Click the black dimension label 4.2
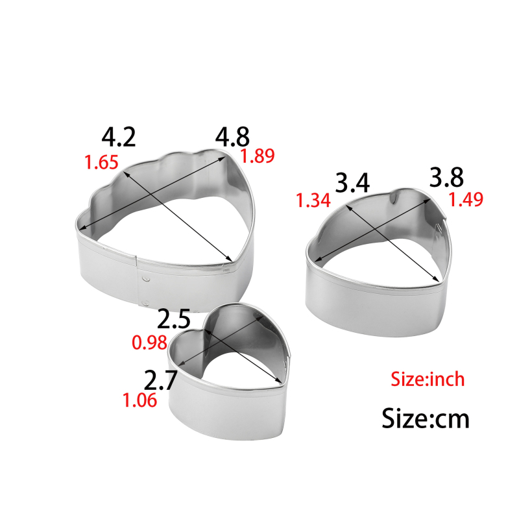(x=119, y=138)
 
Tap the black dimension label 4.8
(x=232, y=137)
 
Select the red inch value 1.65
(x=101, y=162)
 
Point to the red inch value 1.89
(x=258, y=156)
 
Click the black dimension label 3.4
(x=352, y=183)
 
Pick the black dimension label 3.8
(x=446, y=177)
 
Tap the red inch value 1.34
(x=313, y=200)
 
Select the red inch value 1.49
(x=466, y=199)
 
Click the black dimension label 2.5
(x=174, y=319)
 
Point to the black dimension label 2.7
(x=160, y=380)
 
